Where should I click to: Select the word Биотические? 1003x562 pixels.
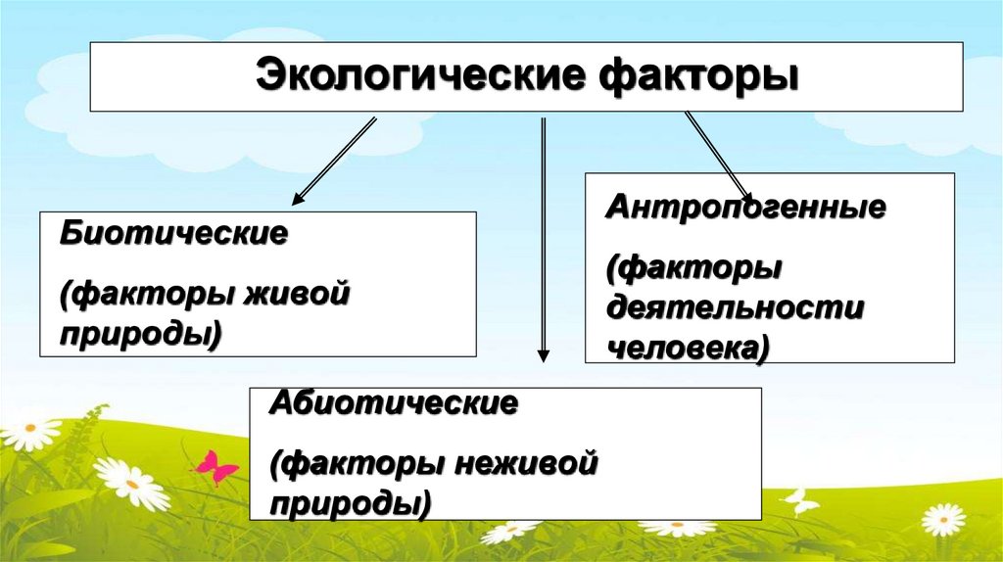coord(173,235)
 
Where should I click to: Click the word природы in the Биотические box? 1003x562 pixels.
coord(140,335)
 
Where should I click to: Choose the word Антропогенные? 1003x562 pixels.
coord(745,208)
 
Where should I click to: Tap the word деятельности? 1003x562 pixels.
coord(735,307)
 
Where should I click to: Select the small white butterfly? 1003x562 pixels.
coord(800,500)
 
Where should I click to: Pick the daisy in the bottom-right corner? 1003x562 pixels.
coord(943,519)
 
